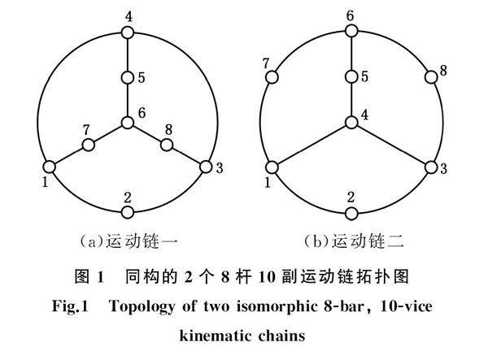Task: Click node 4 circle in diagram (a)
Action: (127, 33)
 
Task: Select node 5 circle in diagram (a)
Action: (127, 78)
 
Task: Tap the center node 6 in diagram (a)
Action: (127, 123)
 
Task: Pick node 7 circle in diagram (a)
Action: (88, 145)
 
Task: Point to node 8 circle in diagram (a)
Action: (166, 145)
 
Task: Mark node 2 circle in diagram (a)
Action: (127, 212)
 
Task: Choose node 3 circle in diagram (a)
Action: (205, 167)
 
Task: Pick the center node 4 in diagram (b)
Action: (351, 123)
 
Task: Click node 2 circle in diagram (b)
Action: (351, 212)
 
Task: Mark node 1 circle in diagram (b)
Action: (273, 167)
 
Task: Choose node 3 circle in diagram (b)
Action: (429, 167)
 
